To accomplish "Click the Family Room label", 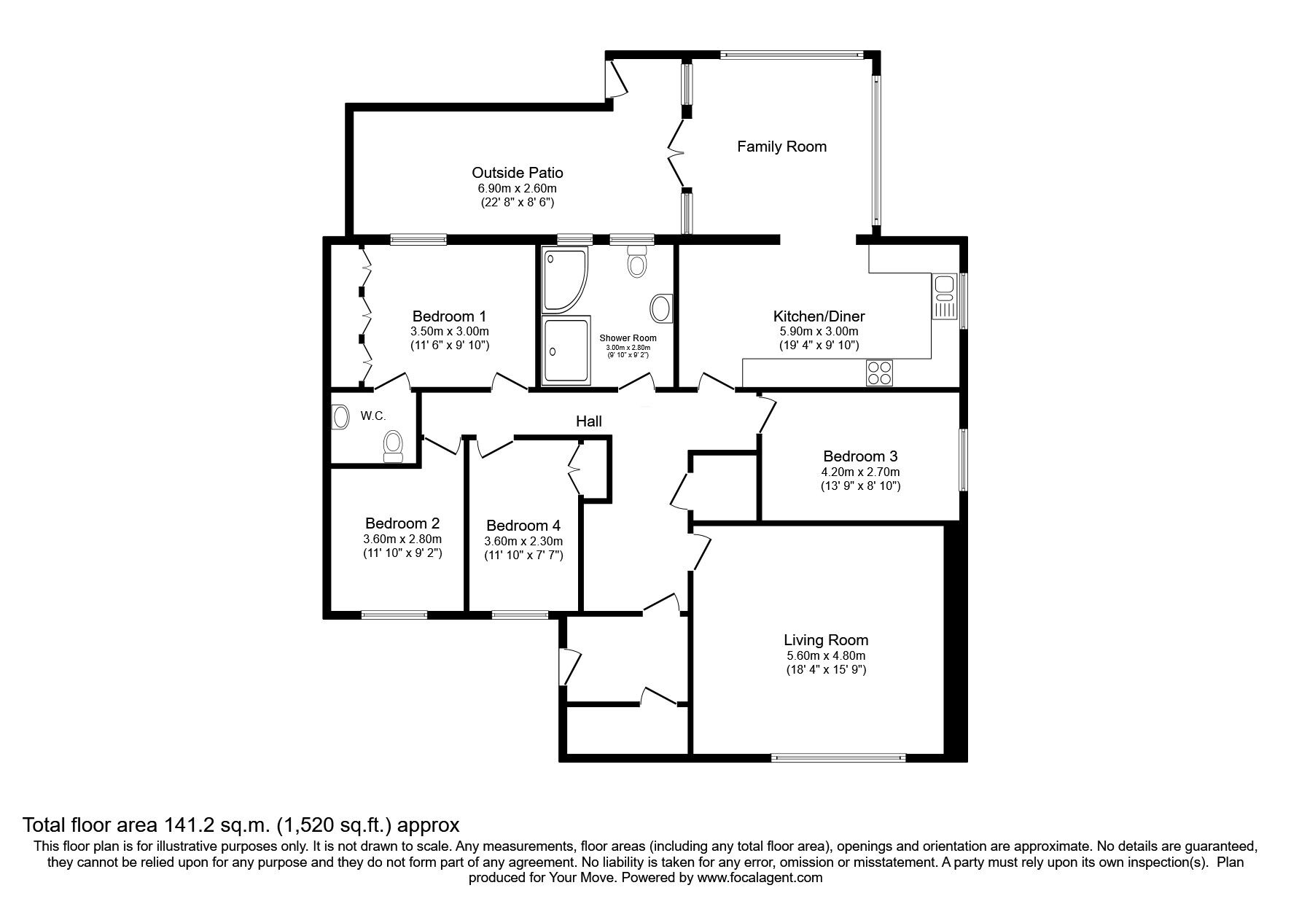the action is click(781, 147).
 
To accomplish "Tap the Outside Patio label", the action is click(518, 173).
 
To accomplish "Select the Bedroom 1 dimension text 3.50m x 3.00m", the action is click(449, 332).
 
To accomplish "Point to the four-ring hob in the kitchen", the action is click(880, 373).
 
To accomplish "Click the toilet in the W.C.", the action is click(394, 445).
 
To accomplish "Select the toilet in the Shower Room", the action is click(637, 260).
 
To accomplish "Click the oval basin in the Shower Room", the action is click(662, 308).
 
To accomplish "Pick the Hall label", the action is click(589, 421).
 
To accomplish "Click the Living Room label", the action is click(826, 640).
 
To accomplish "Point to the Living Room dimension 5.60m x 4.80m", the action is click(826, 656).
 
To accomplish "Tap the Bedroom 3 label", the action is click(860, 457).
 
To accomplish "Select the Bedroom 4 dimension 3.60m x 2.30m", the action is click(523, 542).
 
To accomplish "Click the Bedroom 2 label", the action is click(402, 523).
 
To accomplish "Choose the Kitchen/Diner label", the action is click(819, 316).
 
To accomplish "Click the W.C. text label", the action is click(373, 416).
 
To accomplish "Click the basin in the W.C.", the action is click(340, 418).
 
